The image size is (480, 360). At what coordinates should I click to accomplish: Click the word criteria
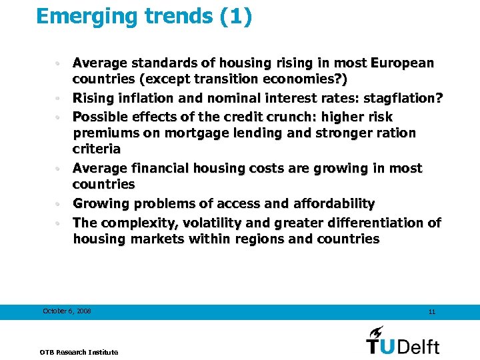point(97,149)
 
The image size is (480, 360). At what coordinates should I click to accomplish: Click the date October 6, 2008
point(67,311)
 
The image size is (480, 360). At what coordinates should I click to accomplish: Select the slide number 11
point(432,311)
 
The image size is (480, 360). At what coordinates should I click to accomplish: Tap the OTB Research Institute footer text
point(79,352)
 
